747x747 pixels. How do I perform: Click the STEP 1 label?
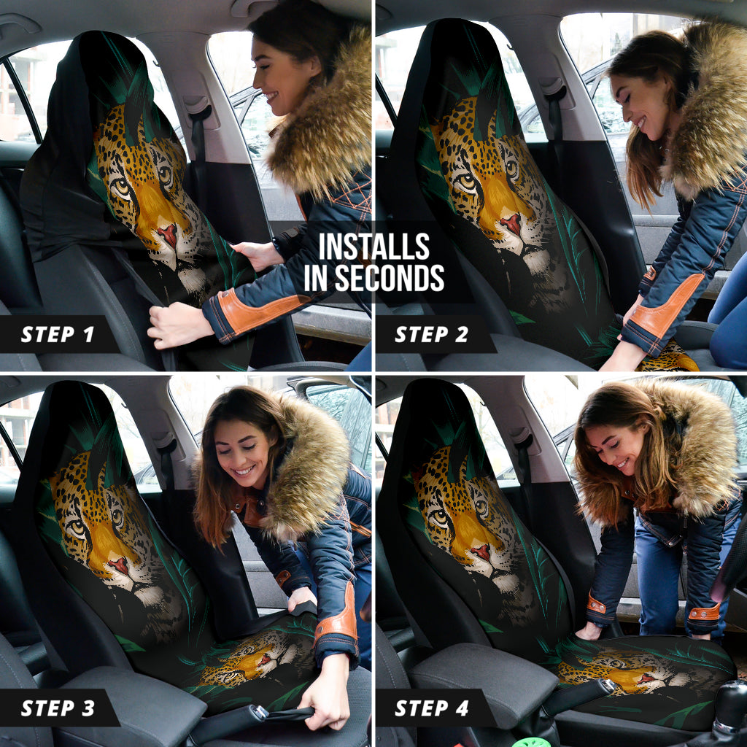click(x=57, y=334)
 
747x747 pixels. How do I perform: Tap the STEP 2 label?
click(x=432, y=334)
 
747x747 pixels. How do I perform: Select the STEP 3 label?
click(x=58, y=708)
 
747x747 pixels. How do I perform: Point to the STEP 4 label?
click(x=432, y=708)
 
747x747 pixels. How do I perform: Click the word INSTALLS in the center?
click(x=374, y=247)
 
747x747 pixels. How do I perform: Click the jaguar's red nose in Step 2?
click(x=511, y=223)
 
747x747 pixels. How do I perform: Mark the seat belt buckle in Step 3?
click(x=260, y=712)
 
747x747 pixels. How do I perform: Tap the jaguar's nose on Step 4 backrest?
click(x=481, y=552)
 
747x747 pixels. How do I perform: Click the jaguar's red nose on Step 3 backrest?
click(x=119, y=565)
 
